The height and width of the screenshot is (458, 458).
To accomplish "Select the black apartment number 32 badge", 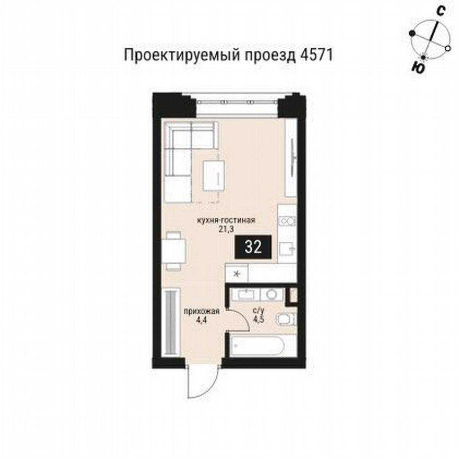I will pyautogui.click(x=254, y=247).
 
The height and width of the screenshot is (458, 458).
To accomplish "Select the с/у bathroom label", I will pyautogui.click(x=259, y=311).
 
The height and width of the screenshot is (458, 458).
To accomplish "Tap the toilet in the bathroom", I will pyautogui.click(x=286, y=320).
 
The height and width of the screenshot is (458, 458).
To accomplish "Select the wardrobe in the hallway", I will pyautogui.click(x=170, y=324).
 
